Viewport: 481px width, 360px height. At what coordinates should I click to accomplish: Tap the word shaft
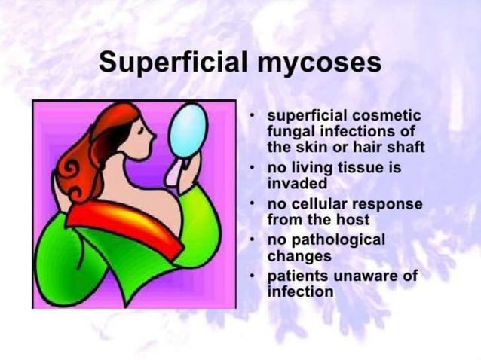pyautogui.click(x=406, y=148)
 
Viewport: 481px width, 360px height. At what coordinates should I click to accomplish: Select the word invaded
pyautogui.click(x=297, y=183)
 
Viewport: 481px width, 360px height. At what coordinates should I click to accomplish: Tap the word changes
pyautogui.click(x=299, y=256)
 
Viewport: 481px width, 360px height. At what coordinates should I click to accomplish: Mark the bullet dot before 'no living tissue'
pyautogui.click(x=254, y=168)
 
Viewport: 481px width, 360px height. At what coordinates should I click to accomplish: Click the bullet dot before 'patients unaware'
pyautogui.click(x=254, y=276)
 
